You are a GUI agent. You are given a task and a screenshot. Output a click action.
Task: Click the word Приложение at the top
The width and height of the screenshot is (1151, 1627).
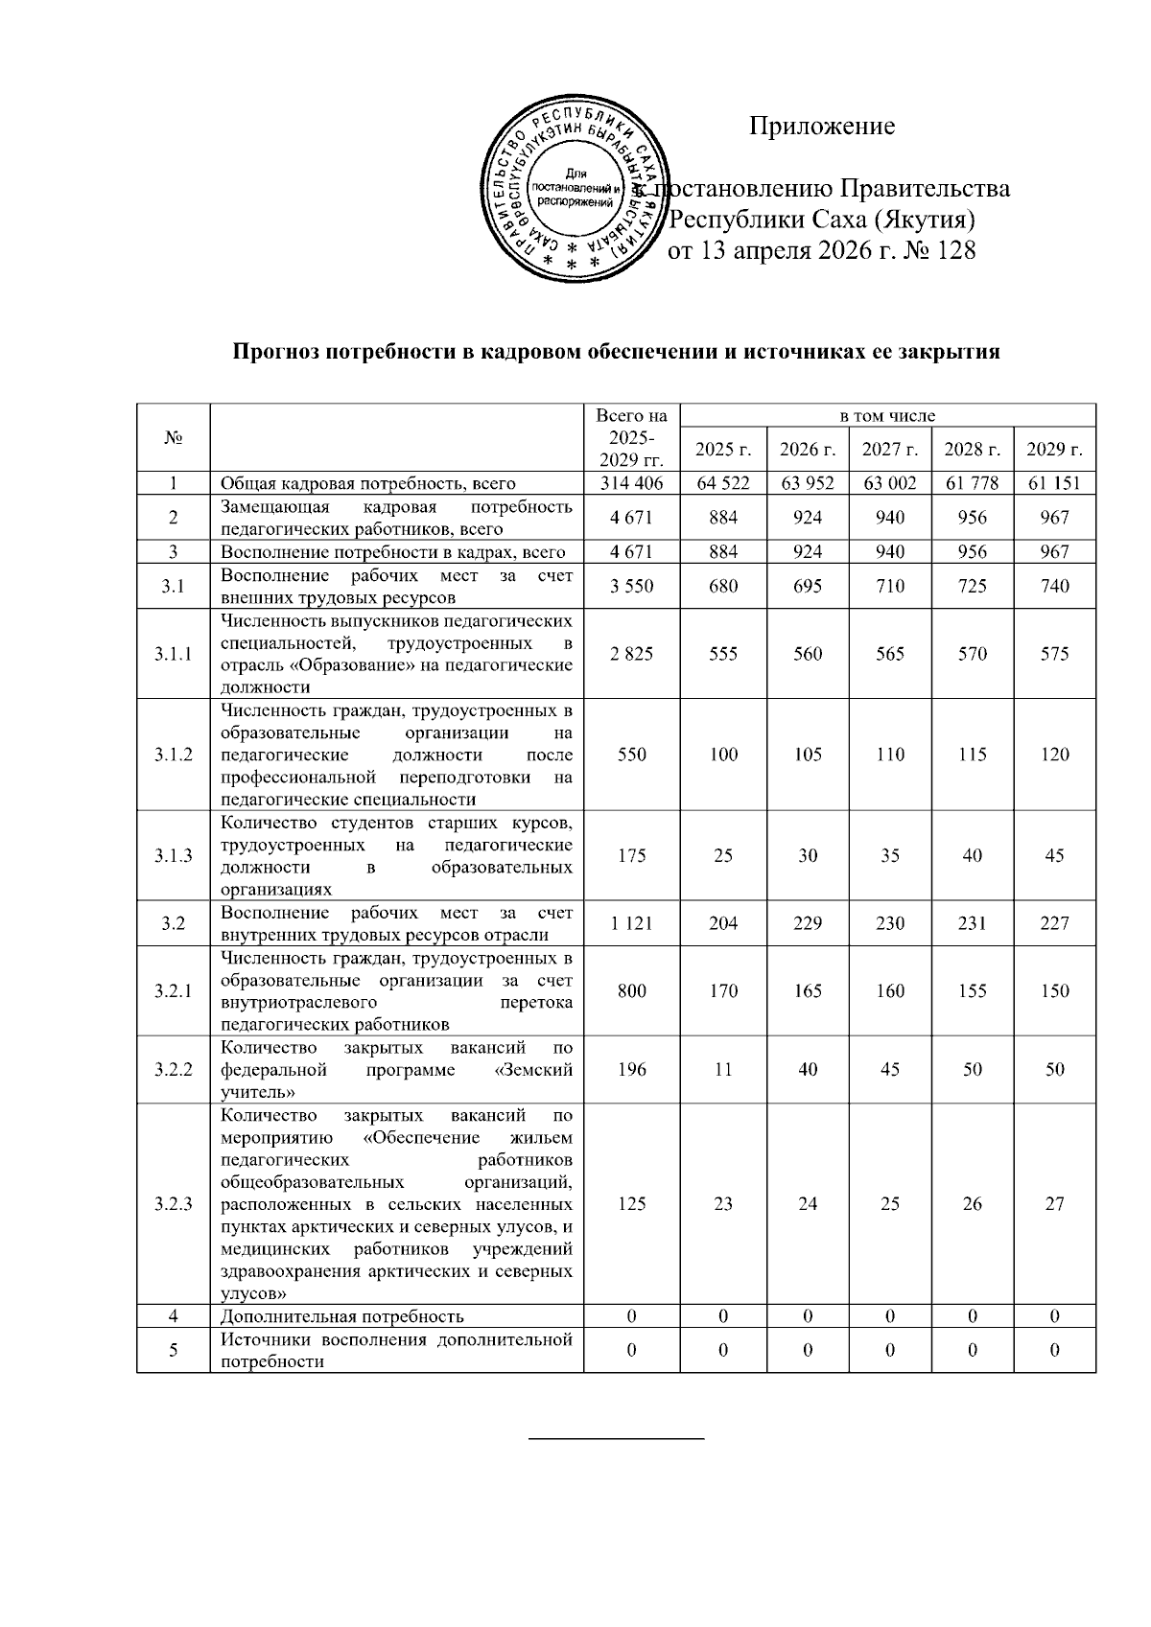tap(822, 126)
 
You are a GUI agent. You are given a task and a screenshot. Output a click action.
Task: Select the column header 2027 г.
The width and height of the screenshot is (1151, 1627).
tap(889, 449)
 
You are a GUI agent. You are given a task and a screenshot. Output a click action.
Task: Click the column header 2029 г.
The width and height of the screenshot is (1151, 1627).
tap(1054, 449)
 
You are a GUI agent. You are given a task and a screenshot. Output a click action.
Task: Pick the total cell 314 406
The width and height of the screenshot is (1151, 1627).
tap(631, 483)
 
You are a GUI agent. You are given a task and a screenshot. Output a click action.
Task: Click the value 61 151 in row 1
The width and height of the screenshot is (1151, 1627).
tap(1054, 483)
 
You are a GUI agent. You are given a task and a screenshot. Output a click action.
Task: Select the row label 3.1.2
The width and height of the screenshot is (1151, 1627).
tap(173, 755)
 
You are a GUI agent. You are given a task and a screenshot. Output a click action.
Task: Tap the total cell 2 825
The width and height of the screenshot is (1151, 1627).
tap(631, 654)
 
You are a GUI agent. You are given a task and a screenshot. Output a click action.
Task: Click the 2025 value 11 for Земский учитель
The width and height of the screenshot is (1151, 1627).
tap(723, 1069)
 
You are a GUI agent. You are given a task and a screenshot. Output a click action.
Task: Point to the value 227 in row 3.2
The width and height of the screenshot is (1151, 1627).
tap(1054, 923)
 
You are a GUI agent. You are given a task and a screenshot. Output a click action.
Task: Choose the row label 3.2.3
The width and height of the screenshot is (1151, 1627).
tap(173, 1204)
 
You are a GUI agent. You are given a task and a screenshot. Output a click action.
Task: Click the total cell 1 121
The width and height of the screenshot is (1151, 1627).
tap(631, 923)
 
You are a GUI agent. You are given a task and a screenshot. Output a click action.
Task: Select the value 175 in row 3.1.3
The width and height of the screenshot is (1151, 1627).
tap(631, 856)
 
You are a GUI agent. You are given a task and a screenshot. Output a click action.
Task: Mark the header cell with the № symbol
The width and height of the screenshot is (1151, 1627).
tap(173, 438)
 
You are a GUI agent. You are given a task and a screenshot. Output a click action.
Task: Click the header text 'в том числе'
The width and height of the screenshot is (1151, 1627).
tap(887, 415)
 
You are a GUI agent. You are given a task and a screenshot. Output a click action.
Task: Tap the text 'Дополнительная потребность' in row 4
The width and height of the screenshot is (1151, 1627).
tap(342, 1316)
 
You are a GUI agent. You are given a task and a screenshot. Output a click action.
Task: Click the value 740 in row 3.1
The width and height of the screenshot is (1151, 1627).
tap(1054, 586)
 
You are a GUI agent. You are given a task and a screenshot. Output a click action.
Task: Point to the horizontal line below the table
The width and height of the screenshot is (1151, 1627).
tap(617, 1438)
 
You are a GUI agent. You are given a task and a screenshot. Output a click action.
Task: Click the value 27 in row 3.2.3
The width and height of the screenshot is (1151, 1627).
tap(1054, 1204)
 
